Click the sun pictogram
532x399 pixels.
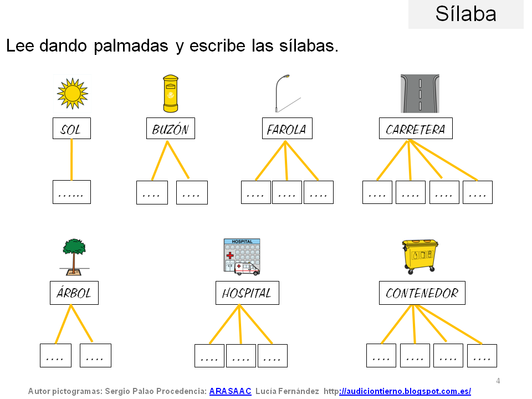[72, 93]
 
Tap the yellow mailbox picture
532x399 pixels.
[171, 94]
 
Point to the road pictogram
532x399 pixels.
[420, 94]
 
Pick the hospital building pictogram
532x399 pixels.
[242, 257]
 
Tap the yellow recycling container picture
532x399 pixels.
[420, 257]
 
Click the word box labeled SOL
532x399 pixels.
[71, 129]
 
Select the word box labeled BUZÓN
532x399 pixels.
[171, 129]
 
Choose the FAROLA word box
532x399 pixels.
[287, 129]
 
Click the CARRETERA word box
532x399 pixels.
[416, 129]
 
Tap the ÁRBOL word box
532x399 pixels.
[73, 293]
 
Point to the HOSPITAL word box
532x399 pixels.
[247, 293]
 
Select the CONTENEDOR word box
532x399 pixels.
[422, 293]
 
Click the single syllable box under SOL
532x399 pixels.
[71, 192]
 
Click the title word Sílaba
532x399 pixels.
[465, 14]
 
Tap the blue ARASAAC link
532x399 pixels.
[230, 391]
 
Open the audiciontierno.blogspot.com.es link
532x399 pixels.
[405, 391]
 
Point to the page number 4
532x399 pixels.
[498, 381]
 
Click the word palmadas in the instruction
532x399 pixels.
[131, 46]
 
